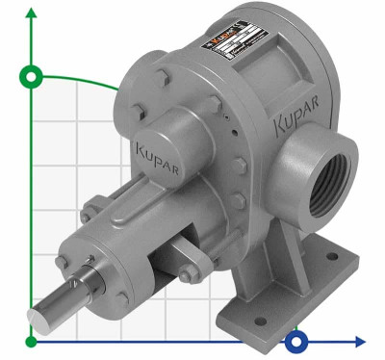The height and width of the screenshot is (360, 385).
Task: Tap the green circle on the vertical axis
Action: (x=33, y=77)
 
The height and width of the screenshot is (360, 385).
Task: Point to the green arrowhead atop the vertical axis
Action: (x=33, y=13)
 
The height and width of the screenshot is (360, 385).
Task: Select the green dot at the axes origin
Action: (x=33, y=341)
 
